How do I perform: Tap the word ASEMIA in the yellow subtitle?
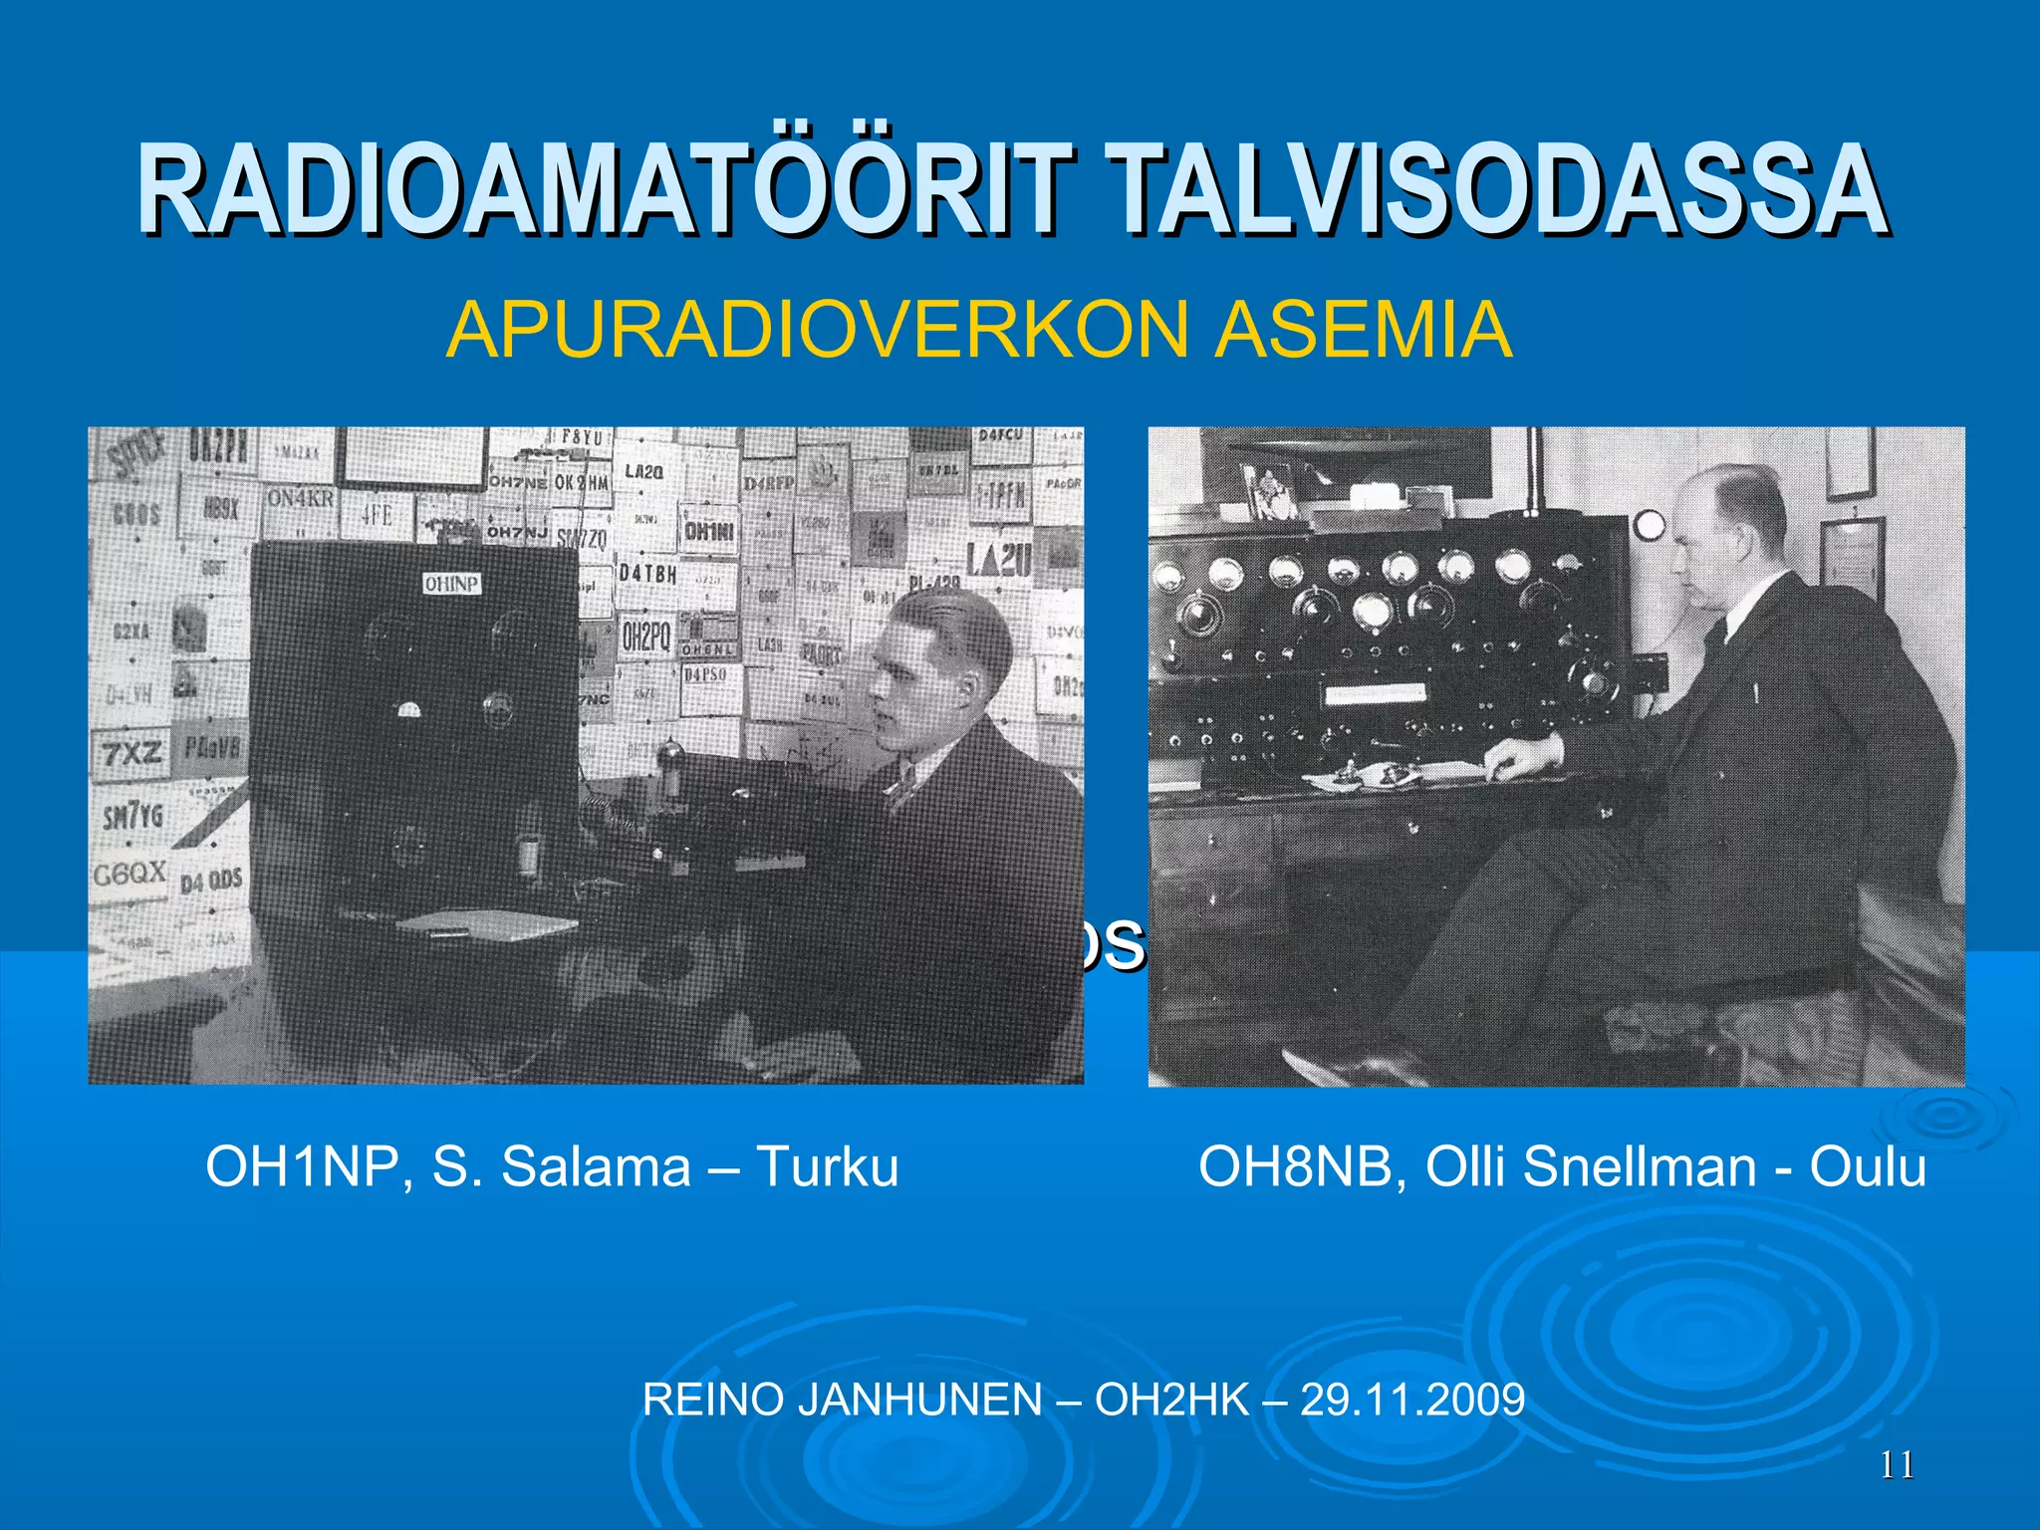[x=1362, y=331]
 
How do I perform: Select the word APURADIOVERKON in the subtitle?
[x=817, y=331]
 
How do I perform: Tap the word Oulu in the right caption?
[x=1868, y=1166]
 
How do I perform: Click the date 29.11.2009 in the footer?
[x=1412, y=1401]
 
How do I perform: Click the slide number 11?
[x=1897, y=1465]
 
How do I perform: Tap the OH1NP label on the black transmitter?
[x=451, y=584]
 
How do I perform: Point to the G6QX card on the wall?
[x=129, y=875]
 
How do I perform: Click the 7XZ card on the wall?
[x=131, y=753]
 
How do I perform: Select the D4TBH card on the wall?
[x=647, y=575]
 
